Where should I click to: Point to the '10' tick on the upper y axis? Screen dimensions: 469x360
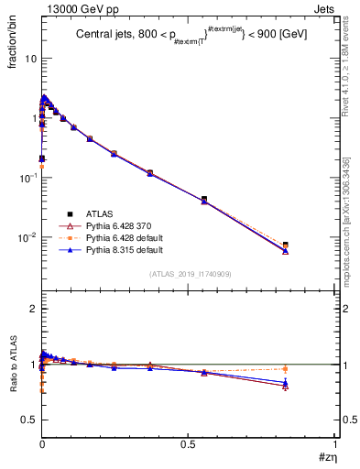pos(29,59)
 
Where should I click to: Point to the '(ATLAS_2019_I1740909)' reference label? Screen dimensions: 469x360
pos(190,274)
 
